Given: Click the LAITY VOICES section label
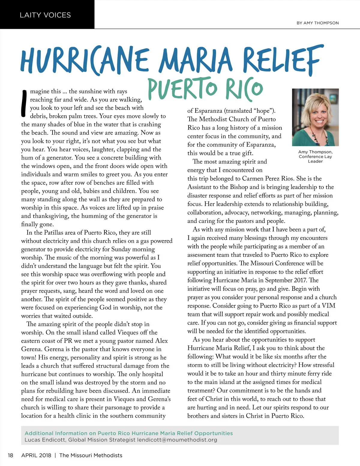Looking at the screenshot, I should pos(45,15).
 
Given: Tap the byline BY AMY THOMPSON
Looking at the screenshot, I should pos(317,23).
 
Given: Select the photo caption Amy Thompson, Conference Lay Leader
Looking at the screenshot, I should pos(315,157).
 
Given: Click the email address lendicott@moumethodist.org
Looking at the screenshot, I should pos(177,440).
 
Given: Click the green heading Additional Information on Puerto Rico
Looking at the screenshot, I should pos(128,433).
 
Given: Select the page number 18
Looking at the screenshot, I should pos(10,455).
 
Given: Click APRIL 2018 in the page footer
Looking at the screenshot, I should pos(36,455).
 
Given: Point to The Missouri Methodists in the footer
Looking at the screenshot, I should pos(91,455).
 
